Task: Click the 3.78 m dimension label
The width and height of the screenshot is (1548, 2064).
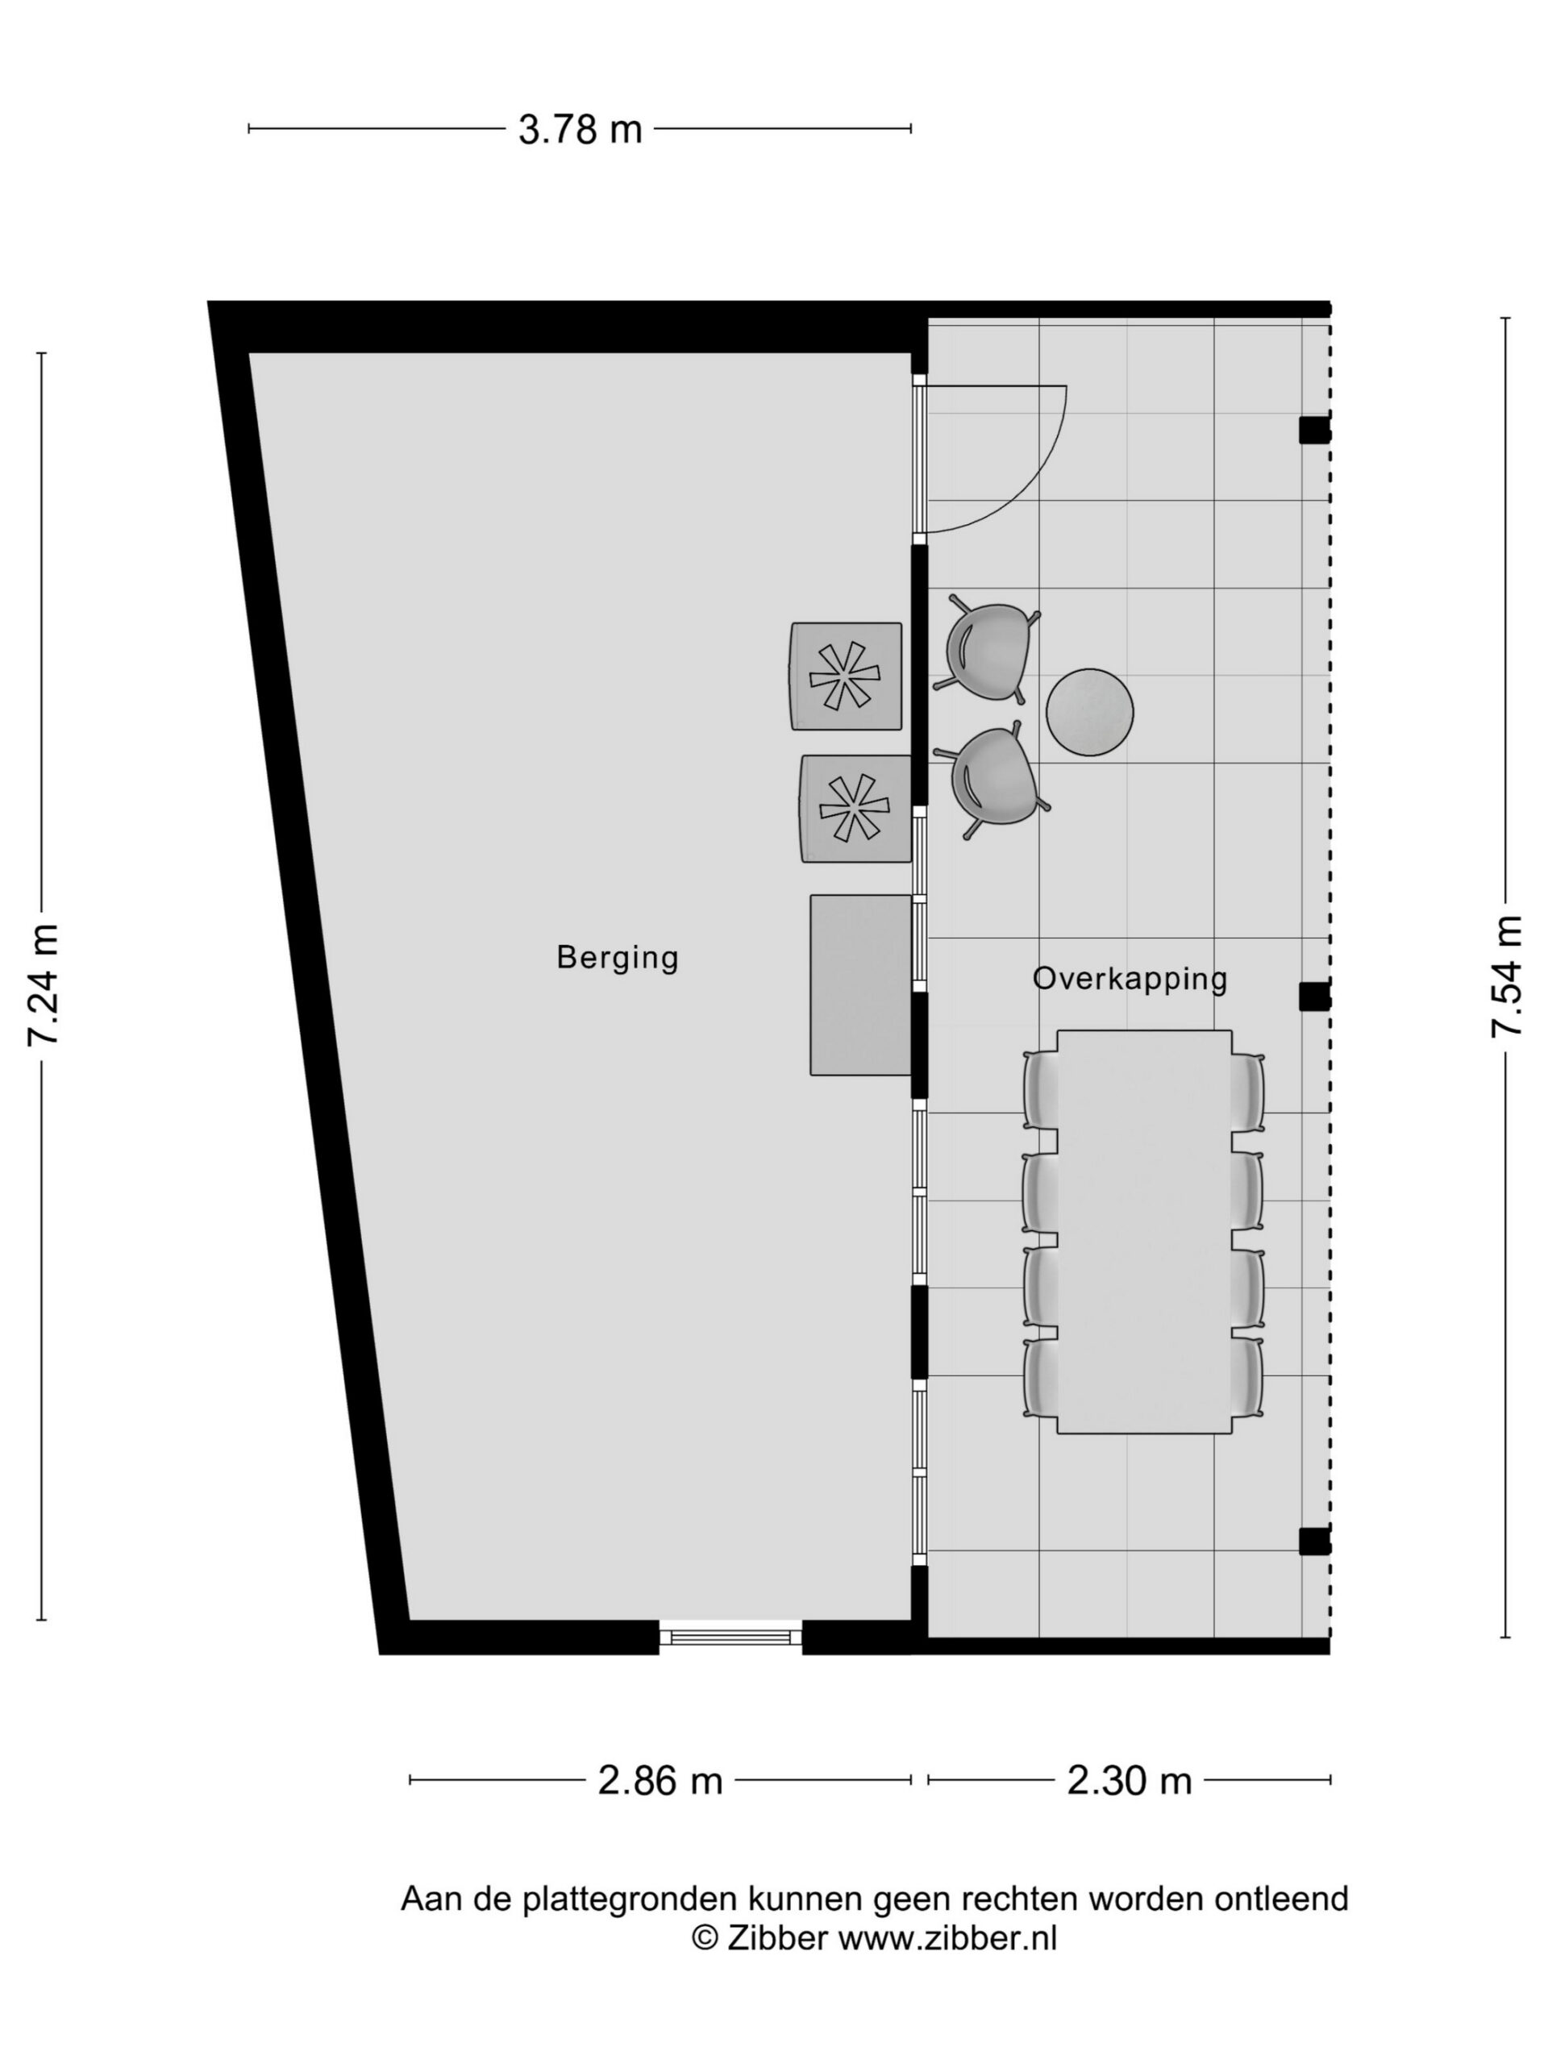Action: click(580, 129)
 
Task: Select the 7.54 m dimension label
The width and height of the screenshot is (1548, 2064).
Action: click(1506, 974)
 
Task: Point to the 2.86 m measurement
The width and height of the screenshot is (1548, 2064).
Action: click(660, 1780)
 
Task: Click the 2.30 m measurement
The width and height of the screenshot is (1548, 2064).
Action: click(1129, 1780)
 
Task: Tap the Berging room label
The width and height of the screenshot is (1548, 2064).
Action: click(617, 959)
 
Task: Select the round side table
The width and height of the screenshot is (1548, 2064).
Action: click(1089, 712)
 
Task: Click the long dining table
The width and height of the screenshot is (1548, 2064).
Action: click(1144, 1232)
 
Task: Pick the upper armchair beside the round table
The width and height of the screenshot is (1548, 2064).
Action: click(987, 651)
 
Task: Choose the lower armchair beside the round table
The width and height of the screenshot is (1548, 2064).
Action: click(992, 778)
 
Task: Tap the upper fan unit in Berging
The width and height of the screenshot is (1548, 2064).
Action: click(847, 676)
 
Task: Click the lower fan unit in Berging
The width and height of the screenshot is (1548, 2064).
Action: click(855, 808)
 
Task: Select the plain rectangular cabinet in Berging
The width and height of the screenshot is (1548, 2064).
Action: click(860, 985)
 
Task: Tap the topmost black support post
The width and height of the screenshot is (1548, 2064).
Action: click(1314, 429)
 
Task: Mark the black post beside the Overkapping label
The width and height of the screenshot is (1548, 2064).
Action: click(1314, 997)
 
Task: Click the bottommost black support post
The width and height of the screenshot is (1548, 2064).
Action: click(1314, 1542)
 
